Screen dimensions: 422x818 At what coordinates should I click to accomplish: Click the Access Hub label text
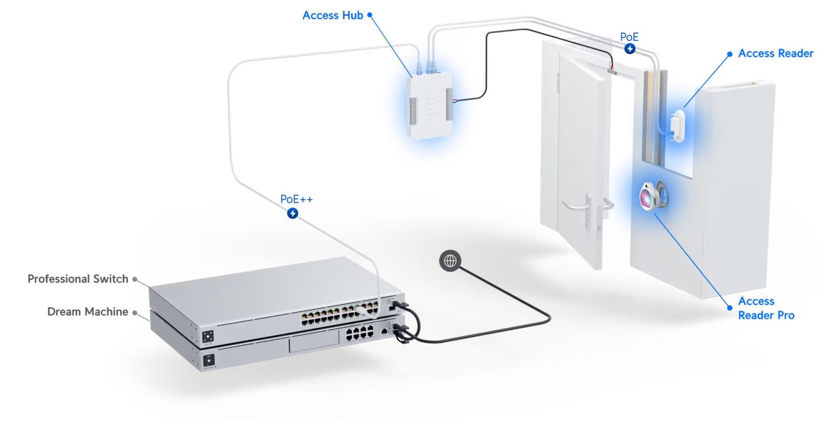point(332,15)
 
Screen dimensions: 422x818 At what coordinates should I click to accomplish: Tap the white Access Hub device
point(430,105)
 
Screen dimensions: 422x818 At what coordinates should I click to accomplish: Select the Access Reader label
point(775,53)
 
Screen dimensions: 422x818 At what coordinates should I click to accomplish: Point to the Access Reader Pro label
point(766,308)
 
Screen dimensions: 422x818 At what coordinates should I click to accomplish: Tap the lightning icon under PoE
point(630,49)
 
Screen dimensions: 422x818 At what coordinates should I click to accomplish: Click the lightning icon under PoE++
point(292,213)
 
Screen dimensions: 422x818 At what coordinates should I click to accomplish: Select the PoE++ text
point(296,199)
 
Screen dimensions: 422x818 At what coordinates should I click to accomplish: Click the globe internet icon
point(450,261)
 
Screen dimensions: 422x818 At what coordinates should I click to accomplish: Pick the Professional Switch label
point(78,279)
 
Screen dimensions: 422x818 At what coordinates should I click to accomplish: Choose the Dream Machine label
point(87,312)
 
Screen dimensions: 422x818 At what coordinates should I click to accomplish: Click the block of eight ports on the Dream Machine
point(360,334)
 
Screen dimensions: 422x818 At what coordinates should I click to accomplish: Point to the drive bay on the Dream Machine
point(313,340)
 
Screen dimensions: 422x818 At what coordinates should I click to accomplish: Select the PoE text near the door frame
point(629,37)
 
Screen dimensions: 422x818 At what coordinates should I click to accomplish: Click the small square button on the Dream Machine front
point(209,361)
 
